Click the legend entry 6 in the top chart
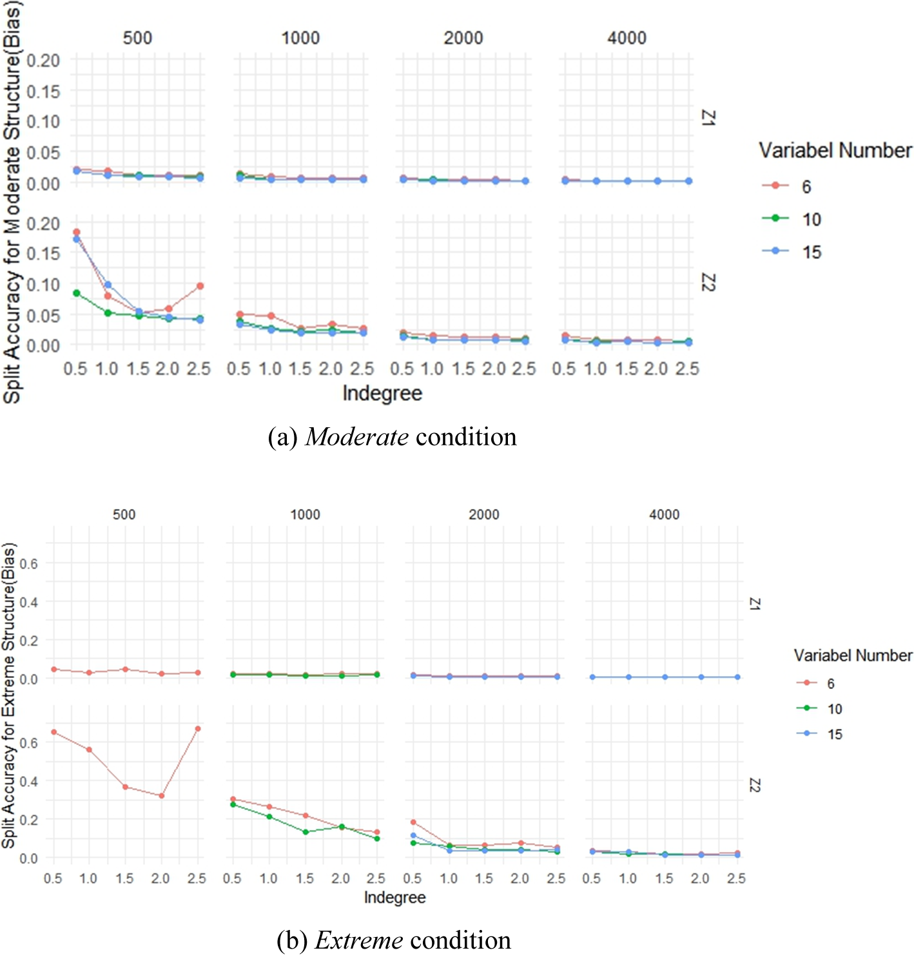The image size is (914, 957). (x=806, y=186)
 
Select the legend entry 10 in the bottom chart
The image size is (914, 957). (x=834, y=709)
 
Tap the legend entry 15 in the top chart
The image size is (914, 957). (x=811, y=252)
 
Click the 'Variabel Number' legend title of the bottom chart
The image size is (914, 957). (x=852, y=655)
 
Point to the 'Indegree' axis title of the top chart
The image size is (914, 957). (x=382, y=393)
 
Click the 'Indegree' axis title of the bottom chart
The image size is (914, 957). (x=394, y=897)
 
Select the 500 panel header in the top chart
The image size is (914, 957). (x=137, y=38)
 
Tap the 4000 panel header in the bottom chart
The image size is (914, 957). (x=664, y=514)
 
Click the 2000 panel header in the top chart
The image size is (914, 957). (x=463, y=38)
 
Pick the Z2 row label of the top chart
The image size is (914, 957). (x=708, y=282)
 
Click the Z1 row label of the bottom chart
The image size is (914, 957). (x=754, y=604)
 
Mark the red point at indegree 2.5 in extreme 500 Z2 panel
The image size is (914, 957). (x=198, y=729)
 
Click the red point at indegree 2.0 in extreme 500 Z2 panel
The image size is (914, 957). (x=161, y=796)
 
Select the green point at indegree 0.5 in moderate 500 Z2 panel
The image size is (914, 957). (x=77, y=293)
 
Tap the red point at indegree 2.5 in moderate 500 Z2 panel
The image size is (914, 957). (x=200, y=286)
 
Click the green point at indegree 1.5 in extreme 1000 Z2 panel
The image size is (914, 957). (x=306, y=832)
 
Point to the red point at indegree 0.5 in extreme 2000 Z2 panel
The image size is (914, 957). (x=413, y=822)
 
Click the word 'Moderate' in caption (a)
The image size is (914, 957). (x=356, y=437)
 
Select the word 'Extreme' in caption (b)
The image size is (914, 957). (x=358, y=940)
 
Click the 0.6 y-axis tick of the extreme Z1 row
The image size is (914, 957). (x=28, y=564)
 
